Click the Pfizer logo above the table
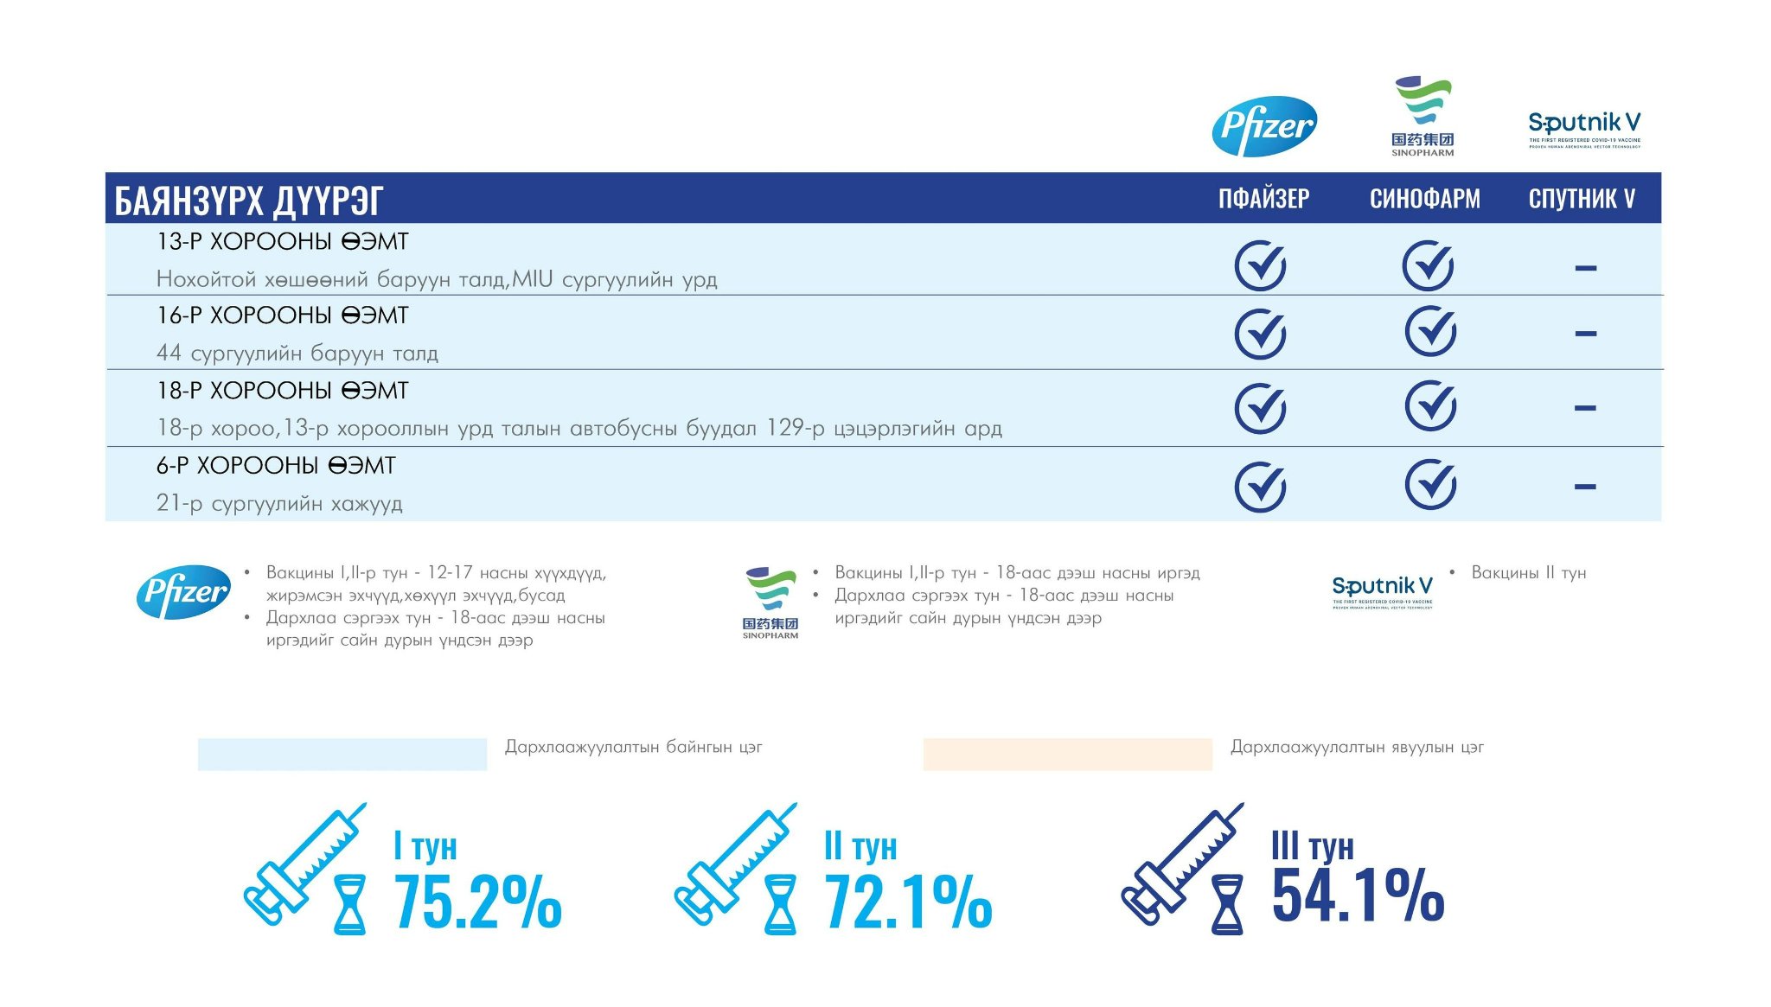click(x=1264, y=126)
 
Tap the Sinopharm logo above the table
click(x=1423, y=117)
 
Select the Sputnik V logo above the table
click(x=1584, y=129)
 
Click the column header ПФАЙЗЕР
click(x=1263, y=199)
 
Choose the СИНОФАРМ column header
click(x=1424, y=199)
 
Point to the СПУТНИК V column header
click(x=1582, y=199)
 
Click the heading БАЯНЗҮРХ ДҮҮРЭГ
click(x=249, y=201)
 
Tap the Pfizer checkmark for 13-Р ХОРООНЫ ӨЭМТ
click(x=1260, y=266)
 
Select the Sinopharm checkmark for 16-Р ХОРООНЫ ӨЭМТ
click(x=1429, y=332)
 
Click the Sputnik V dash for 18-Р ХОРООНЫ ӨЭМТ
click(x=1585, y=408)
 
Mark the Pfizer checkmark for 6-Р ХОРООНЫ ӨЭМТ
click(x=1260, y=487)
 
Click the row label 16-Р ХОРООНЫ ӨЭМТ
click(x=282, y=315)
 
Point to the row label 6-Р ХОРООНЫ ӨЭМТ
click(x=276, y=466)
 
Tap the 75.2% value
click(x=478, y=902)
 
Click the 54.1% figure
click(x=1358, y=895)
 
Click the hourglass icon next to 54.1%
click(x=1227, y=904)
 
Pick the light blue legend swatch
click(x=342, y=754)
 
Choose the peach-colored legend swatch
click(x=1067, y=754)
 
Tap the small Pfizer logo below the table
click(x=183, y=592)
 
